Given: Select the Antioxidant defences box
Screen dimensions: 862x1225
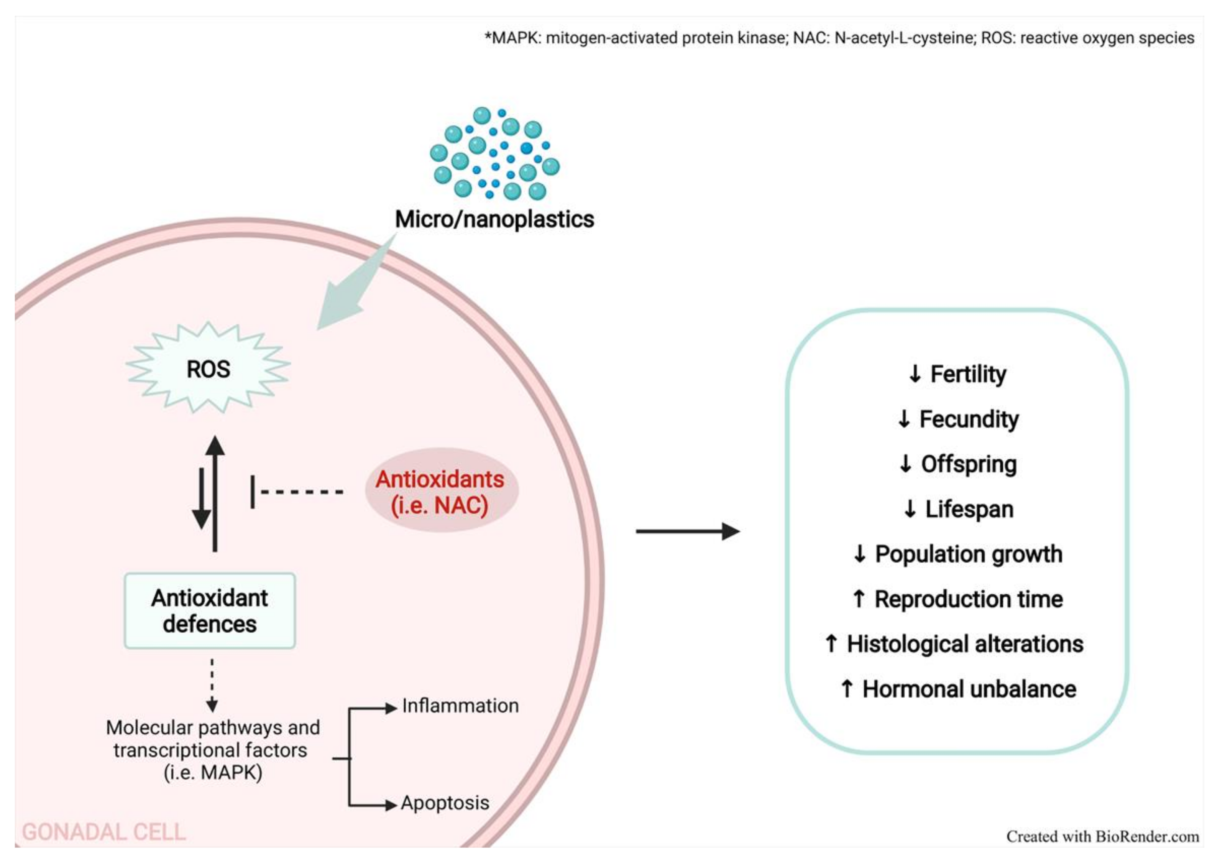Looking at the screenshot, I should click(x=210, y=610).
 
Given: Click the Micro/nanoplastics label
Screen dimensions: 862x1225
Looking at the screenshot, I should click(x=494, y=219).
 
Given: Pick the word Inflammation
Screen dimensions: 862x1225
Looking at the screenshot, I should click(x=460, y=706).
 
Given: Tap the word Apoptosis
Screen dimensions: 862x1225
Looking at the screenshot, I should click(x=445, y=803).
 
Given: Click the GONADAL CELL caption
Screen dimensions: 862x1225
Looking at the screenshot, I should click(x=104, y=832).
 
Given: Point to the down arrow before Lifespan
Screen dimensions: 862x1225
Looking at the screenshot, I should click(x=910, y=509).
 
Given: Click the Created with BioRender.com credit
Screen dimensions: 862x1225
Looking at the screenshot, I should click(x=1102, y=836).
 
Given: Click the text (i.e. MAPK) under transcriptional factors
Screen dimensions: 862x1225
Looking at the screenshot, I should click(x=213, y=772).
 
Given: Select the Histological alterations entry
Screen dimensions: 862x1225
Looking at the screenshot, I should click(x=965, y=644).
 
